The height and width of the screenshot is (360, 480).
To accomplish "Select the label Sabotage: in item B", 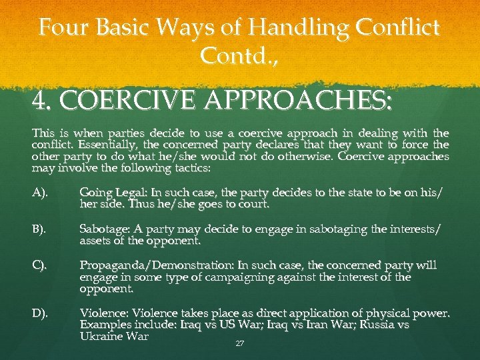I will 105,229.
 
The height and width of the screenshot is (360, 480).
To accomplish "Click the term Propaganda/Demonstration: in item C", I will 160,265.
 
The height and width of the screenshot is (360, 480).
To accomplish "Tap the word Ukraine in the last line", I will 101,335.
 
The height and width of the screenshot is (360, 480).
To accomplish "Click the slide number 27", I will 239,344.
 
